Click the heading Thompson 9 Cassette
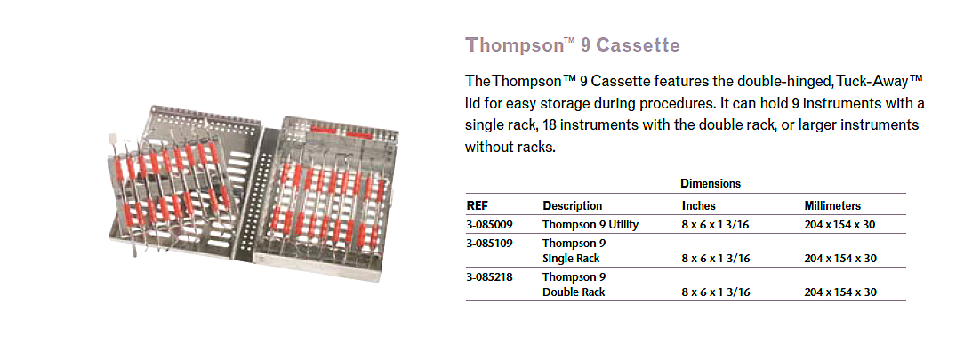pos(573,45)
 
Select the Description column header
pos(573,205)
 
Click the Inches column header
pos(699,205)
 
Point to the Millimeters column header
pos(831,205)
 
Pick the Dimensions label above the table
pos(710,184)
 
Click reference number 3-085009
pos(490,224)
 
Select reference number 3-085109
pos(490,244)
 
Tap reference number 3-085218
pos(490,276)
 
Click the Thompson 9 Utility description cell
pos(590,224)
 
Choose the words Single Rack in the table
pos(571,258)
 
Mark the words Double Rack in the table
pos(573,292)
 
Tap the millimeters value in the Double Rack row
pos(840,292)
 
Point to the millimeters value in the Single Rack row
pos(840,258)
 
